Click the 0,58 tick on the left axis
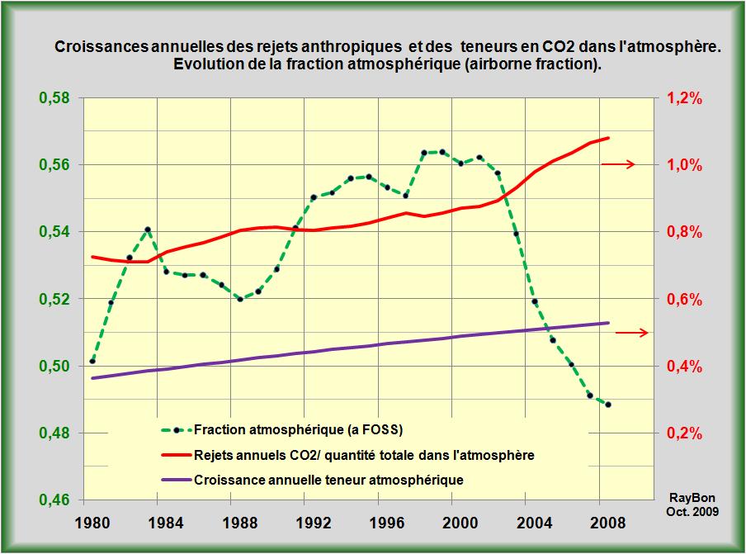point(55,98)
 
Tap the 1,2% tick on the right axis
point(683,98)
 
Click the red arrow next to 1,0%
point(618,164)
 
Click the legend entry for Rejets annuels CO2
point(363,454)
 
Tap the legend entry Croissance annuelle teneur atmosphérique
point(328,479)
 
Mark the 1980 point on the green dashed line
point(92,362)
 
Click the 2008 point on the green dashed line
point(608,405)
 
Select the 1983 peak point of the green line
point(147,230)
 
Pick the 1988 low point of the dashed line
point(240,299)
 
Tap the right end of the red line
point(609,138)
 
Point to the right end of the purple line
point(609,323)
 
